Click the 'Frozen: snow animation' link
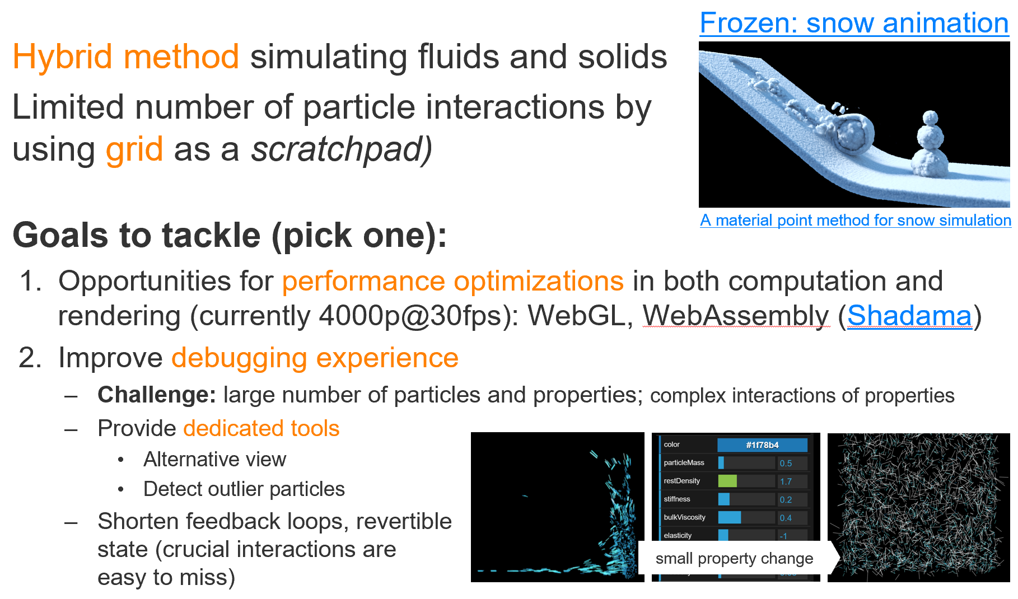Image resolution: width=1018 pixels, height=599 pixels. click(854, 24)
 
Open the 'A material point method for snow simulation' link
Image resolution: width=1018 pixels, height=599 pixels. click(856, 220)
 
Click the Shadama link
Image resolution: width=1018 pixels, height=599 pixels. click(909, 316)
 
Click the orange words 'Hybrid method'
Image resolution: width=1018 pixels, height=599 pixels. click(126, 57)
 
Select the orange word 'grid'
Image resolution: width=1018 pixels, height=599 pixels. click(134, 149)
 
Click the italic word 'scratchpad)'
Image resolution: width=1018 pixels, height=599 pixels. click(342, 149)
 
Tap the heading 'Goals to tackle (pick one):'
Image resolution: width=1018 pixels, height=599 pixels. click(230, 235)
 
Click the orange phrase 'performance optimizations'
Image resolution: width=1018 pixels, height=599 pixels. click(453, 281)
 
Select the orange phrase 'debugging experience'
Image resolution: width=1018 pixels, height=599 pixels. click(315, 358)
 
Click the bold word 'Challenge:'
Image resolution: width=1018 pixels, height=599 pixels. click(157, 395)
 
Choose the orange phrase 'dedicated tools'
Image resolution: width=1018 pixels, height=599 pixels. click(261, 428)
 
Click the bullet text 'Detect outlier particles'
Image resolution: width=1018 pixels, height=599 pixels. click(244, 489)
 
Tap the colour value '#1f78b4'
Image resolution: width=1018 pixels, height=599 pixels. click(762, 445)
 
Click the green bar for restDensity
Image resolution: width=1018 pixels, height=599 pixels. click(727, 481)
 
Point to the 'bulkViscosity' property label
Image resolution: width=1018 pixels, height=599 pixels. click(684, 517)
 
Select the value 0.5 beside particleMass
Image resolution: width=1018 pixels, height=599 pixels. click(786, 463)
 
